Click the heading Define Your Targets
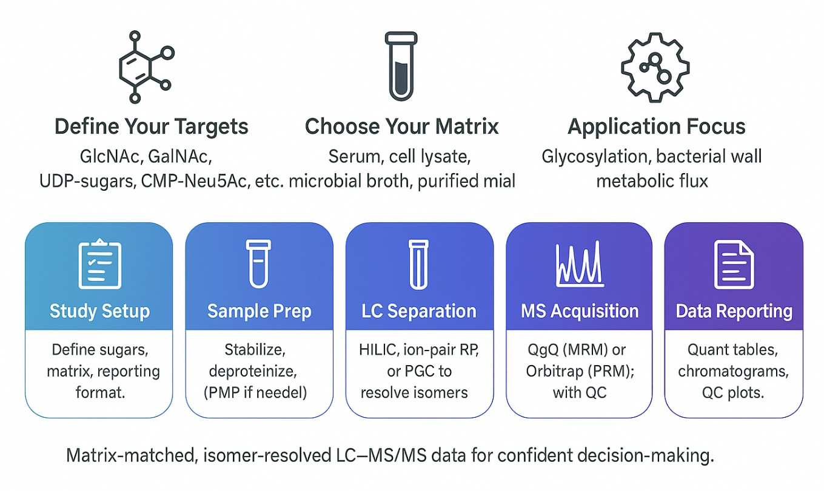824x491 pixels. (x=152, y=127)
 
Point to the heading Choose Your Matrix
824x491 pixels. (x=401, y=127)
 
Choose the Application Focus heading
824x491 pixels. (x=656, y=127)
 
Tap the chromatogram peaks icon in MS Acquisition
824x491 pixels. (x=579, y=264)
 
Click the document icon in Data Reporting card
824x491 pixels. (x=734, y=264)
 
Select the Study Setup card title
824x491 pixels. (x=99, y=311)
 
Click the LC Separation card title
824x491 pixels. (x=419, y=311)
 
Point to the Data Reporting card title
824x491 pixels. (x=734, y=311)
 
